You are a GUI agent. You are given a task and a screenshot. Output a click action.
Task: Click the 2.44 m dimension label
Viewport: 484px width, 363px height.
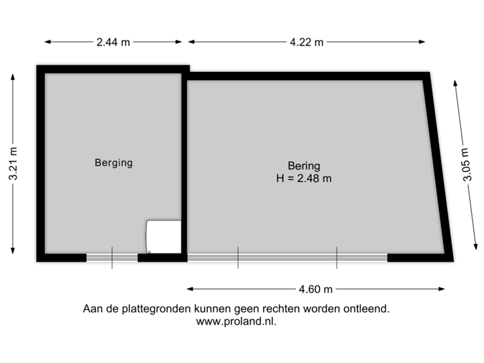coord(112,42)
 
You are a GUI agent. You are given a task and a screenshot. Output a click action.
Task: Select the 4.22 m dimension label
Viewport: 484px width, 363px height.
coord(307,42)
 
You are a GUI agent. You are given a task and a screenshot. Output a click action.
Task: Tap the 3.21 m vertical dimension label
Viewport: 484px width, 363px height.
coord(14,163)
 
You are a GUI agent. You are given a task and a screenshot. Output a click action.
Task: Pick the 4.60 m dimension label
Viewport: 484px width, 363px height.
coord(315,289)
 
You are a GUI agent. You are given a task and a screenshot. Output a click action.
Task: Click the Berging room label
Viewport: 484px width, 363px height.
coord(113,162)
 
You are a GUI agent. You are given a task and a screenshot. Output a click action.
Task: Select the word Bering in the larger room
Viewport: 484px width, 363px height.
coord(304,166)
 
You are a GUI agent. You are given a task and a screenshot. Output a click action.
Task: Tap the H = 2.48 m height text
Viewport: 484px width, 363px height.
coord(304,178)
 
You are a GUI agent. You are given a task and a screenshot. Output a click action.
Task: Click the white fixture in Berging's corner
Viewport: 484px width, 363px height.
coord(163,237)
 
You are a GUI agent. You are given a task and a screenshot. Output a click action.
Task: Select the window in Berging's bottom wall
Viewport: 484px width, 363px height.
coord(112,257)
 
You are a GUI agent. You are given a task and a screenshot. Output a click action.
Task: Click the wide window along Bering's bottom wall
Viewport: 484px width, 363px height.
coord(287,257)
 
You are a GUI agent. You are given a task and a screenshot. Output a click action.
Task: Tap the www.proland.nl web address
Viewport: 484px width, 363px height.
coord(236,321)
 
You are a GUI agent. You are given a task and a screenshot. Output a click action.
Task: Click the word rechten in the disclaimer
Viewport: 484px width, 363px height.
coord(277,309)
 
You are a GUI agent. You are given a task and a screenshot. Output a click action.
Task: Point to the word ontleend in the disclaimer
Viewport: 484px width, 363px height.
coord(367,309)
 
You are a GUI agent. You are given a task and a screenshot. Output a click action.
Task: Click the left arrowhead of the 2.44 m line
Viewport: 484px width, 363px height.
coord(46,42)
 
